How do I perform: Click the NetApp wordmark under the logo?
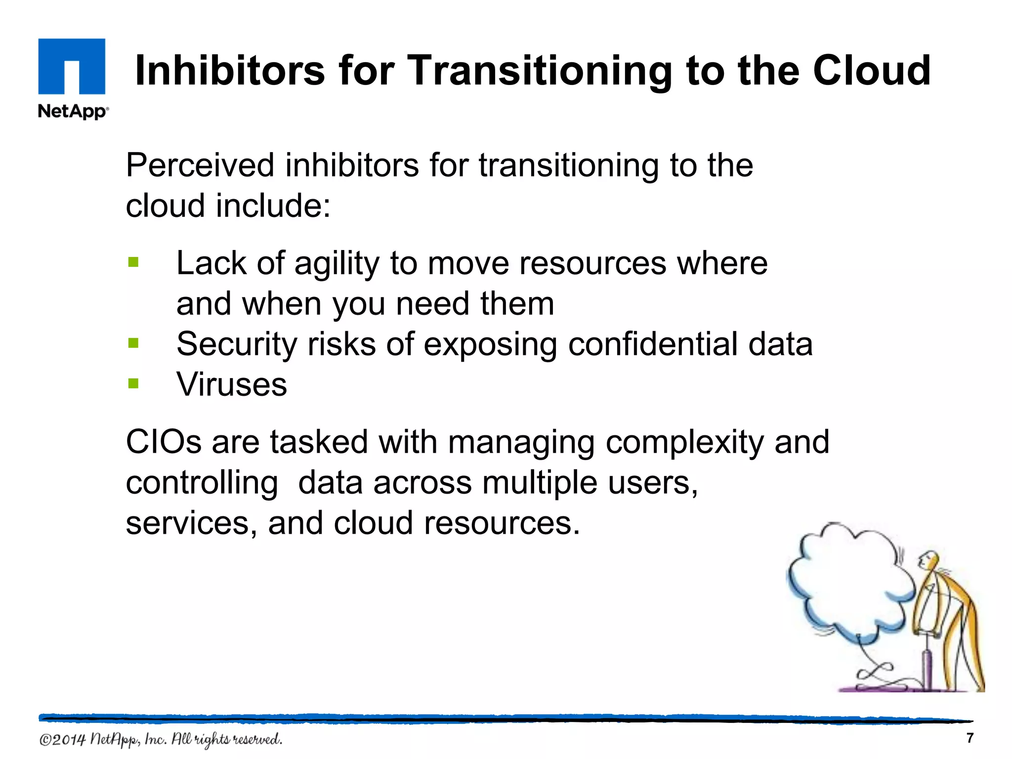(73, 111)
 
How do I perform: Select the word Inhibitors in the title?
(230, 70)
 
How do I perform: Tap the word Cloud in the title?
(872, 70)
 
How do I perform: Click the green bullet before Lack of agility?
(133, 262)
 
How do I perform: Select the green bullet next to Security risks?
(133, 343)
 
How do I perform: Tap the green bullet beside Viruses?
(133, 383)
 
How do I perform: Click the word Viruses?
(232, 384)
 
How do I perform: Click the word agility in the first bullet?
(337, 264)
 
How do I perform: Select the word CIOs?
(164, 442)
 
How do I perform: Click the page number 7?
(970, 738)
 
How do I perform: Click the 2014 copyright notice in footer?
(161, 739)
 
